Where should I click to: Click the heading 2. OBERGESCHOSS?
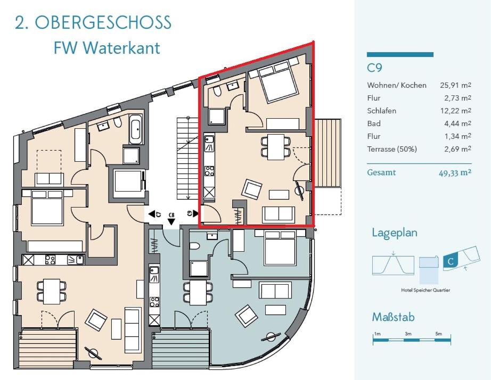(x=93, y=22)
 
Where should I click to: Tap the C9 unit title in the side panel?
(x=374, y=68)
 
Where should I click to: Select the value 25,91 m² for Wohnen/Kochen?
(x=456, y=85)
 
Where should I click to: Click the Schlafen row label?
(x=382, y=111)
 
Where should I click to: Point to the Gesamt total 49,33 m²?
(x=455, y=172)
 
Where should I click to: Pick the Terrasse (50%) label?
(x=392, y=149)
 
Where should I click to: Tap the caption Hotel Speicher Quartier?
(x=425, y=290)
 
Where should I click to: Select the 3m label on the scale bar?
(x=408, y=334)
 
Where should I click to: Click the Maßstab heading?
(x=394, y=317)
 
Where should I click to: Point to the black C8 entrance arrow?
(x=171, y=222)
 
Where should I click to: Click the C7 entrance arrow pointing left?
(x=152, y=214)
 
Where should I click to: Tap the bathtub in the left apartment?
(x=136, y=129)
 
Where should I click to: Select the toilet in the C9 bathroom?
(x=217, y=91)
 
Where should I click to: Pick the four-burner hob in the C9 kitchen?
(x=209, y=171)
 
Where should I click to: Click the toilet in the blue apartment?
(x=194, y=246)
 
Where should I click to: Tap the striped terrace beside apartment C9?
(x=328, y=153)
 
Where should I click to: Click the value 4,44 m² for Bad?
(x=457, y=123)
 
